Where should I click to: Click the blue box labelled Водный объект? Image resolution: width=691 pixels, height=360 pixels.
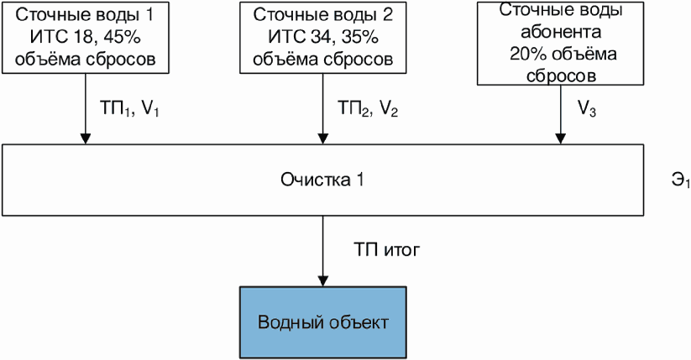322,322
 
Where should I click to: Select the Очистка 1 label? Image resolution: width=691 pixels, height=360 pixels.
322,180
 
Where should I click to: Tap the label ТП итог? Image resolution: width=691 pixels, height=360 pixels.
386,250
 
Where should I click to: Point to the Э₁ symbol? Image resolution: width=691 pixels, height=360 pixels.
681,180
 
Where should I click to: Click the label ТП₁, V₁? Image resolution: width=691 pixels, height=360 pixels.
129,108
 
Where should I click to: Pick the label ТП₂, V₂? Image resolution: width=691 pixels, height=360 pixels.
368,108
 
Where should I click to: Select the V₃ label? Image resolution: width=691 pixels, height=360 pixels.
587,109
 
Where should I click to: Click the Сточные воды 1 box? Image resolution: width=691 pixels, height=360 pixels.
86,38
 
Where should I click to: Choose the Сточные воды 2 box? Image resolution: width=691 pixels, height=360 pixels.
322,38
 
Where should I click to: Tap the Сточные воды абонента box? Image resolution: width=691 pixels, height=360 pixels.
560,43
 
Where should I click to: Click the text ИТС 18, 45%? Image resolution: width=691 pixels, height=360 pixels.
86,38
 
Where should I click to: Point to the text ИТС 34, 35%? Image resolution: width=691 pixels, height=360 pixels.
323,38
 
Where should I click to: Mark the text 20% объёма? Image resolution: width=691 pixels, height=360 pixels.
563,54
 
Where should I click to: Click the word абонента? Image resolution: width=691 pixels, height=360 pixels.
561,32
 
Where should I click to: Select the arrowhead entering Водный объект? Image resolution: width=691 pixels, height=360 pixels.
322,281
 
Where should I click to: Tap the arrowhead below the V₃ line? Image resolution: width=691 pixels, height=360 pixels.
560,138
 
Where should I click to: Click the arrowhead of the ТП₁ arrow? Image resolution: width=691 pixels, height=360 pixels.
86,138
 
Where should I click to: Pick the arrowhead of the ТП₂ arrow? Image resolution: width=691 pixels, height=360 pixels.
322,138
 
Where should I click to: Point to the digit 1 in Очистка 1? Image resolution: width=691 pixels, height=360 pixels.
359,180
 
